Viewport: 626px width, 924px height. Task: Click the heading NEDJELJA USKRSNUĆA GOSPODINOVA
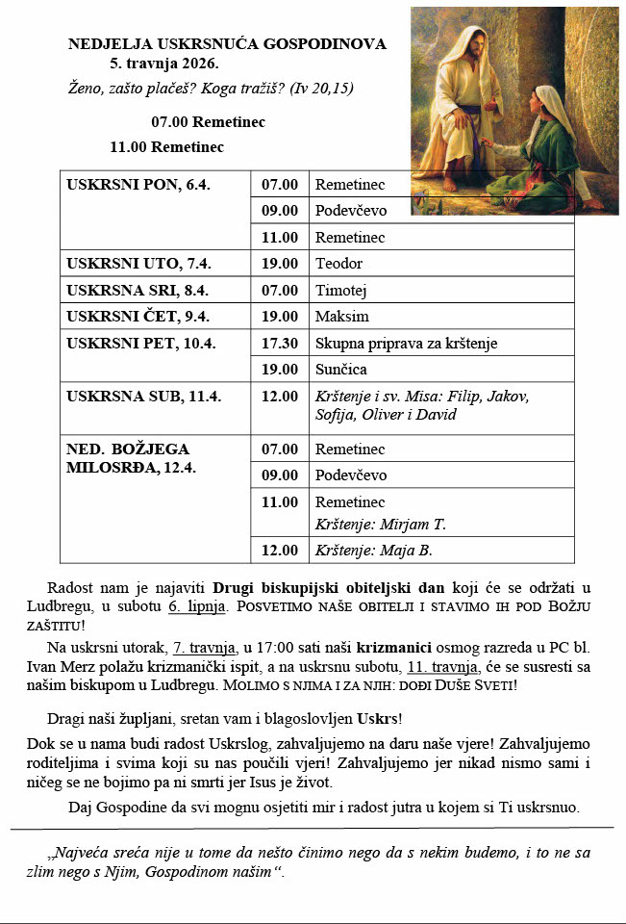pos(227,44)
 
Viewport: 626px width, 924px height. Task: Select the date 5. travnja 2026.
pos(163,64)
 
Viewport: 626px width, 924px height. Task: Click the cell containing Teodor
pos(339,264)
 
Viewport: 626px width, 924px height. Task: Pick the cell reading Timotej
pos(341,290)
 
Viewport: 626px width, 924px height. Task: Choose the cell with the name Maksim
pos(342,317)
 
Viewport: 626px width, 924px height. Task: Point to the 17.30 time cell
pos(280,343)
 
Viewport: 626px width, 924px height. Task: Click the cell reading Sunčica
pos(341,370)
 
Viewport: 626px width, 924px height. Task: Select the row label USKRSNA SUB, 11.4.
pos(130,396)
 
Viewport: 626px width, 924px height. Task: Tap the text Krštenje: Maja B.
pos(374,551)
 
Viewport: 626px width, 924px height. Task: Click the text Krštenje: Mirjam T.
pos(381,525)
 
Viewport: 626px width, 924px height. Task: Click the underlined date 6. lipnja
pos(199,606)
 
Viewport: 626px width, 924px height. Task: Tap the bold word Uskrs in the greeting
pos(380,720)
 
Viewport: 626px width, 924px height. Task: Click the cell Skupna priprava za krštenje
pos(407,343)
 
